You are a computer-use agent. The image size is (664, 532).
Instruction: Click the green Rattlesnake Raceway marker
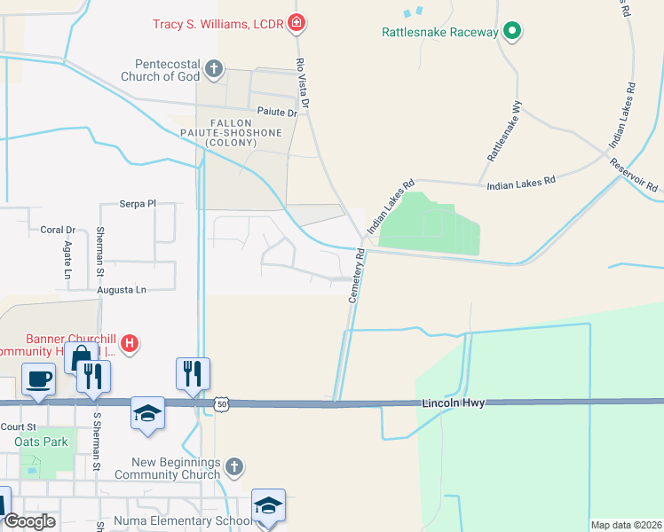point(511,32)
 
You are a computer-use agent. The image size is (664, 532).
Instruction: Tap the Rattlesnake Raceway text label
point(439,32)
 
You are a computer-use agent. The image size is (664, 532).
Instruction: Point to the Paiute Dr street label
point(278,113)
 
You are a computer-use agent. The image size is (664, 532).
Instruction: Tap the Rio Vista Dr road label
point(303,85)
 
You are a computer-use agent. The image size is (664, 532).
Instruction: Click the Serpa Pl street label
point(138,204)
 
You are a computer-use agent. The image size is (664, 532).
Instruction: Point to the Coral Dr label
point(58,230)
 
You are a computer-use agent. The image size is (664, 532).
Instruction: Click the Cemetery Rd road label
point(357,276)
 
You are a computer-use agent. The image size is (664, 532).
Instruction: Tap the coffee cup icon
point(39,379)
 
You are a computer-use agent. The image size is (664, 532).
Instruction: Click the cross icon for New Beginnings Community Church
point(233,466)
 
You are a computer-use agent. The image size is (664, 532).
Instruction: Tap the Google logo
point(29,522)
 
